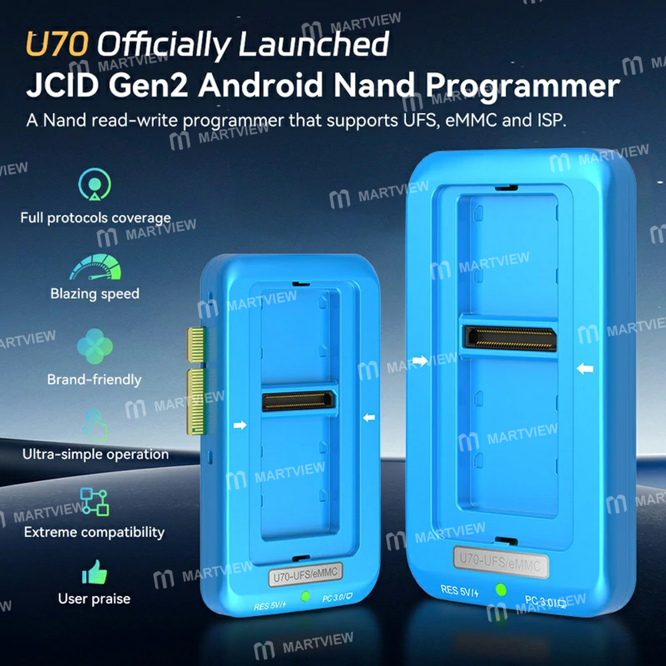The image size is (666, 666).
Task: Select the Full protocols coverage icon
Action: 95,184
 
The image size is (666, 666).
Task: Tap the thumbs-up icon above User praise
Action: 95,572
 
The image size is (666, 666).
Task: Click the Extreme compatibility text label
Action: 94,532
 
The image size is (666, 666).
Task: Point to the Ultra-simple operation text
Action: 95,454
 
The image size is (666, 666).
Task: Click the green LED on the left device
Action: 306,596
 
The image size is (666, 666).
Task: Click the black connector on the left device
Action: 299,401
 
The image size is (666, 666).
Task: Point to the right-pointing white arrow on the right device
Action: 420,361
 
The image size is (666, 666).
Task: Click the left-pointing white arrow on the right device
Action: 585,368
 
